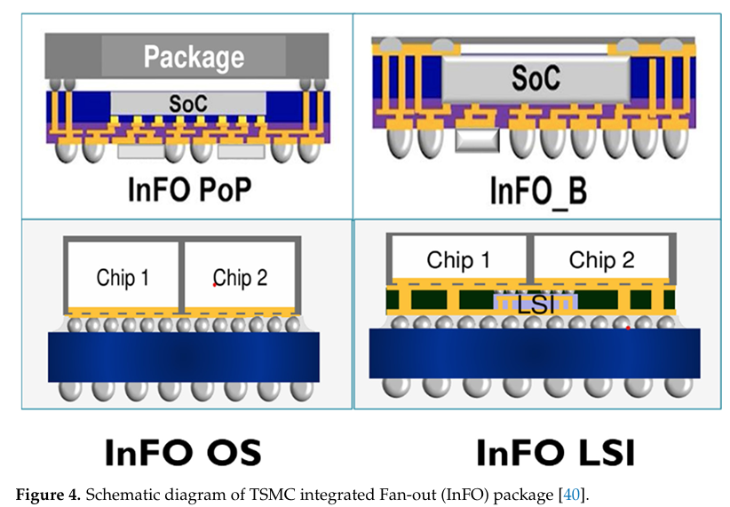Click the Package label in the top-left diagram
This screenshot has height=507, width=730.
tap(194, 58)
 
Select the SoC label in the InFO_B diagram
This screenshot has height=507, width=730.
tap(536, 78)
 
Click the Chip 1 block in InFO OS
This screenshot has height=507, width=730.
tap(123, 277)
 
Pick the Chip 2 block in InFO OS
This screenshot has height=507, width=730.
tap(240, 277)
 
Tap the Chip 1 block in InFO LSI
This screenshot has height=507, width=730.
tap(458, 260)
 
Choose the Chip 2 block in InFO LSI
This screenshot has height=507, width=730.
tap(601, 260)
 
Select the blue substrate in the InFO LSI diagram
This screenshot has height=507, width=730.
tap(534, 352)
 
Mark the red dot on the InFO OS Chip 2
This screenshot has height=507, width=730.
tap(214, 285)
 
